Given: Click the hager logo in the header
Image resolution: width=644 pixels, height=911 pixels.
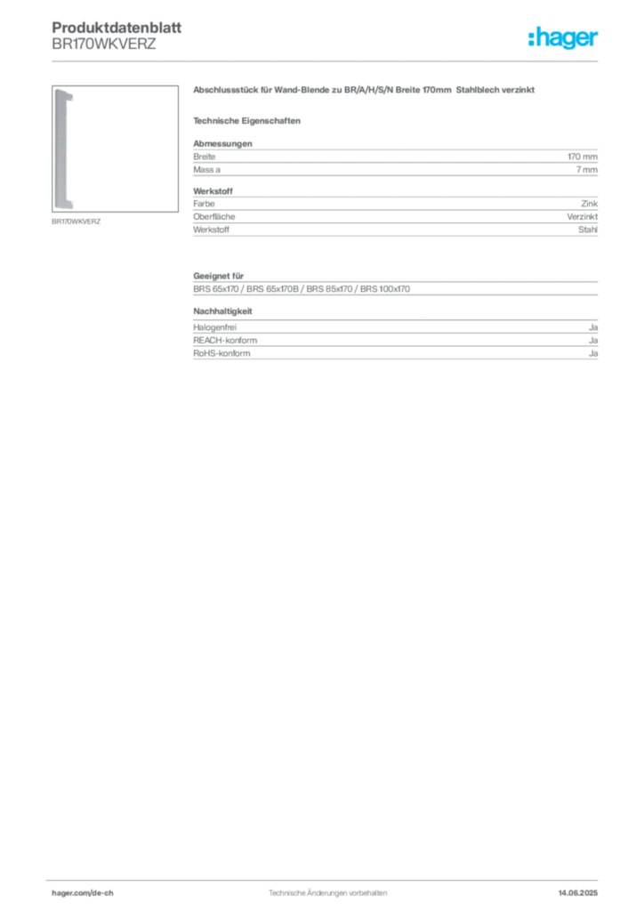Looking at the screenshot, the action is [562, 37].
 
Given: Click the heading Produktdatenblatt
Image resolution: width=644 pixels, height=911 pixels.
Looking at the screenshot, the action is [117, 28].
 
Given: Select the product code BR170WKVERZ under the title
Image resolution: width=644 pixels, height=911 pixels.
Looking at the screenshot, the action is [104, 44].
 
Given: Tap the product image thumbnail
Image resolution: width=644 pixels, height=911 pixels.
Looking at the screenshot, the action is [115, 149].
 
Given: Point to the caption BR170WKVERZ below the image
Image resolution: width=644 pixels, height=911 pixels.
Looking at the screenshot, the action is [76, 222].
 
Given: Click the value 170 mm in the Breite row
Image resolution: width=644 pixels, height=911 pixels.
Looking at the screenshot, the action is [583, 157].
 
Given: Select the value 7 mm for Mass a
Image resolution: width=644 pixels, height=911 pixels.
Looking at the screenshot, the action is [586, 170].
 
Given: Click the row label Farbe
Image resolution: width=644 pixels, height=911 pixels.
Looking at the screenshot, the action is [204, 204].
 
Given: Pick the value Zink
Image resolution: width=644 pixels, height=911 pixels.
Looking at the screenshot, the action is [590, 204].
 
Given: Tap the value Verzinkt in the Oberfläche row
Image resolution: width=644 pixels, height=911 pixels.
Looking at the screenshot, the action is [583, 216].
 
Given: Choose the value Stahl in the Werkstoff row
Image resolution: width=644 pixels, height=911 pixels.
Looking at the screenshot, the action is [588, 230].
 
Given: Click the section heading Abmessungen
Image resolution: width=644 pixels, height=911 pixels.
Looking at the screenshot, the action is [222, 143].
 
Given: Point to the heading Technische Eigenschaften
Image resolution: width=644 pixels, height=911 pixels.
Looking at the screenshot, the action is [246, 121].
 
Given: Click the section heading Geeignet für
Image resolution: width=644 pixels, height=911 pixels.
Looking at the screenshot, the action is [218, 276].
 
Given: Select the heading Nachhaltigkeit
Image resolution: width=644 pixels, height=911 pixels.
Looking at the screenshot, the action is [222, 311].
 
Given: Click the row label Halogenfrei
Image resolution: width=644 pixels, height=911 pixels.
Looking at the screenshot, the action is [215, 327].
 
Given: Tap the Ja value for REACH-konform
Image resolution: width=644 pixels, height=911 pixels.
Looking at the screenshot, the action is [593, 340].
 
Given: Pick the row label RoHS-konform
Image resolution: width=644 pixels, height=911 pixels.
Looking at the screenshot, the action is [221, 353].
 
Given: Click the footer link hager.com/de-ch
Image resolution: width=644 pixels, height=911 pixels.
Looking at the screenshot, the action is [83, 893].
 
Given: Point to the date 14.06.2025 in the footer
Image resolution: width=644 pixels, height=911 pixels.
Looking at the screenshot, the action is [578, 893].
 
